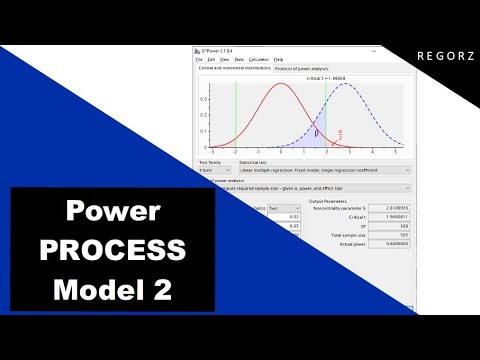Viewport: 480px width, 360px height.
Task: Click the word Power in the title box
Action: point(113,212)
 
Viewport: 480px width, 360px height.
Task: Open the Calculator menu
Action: point(258,60)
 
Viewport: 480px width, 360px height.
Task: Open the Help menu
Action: point(278,60)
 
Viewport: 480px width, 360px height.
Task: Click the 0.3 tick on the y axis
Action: point(204,99)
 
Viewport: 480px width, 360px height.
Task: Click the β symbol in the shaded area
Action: point(317,128)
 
